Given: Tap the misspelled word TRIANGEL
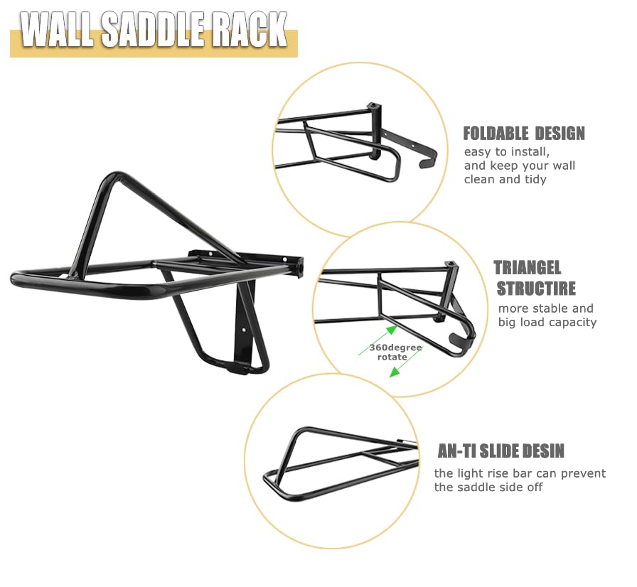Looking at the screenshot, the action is (528, 268).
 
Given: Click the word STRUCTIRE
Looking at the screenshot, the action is (536, 289).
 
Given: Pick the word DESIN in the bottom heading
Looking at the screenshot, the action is (544, 451).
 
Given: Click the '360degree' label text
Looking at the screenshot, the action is (395, 348).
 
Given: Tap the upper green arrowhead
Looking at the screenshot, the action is (391, 330).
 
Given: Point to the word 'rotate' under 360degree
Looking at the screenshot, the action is (392, 357).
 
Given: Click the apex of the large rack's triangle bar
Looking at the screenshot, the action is (116, 175).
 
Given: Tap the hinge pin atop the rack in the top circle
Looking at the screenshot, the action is (375, 107).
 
